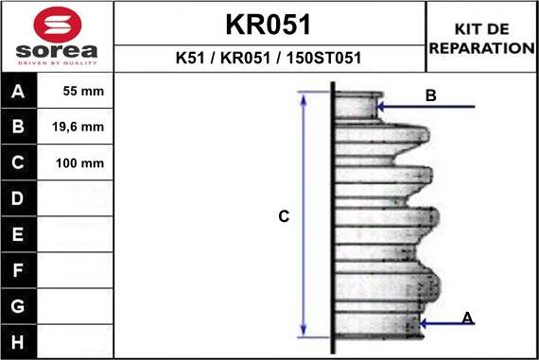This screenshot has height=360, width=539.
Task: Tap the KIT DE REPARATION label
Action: (481, 39)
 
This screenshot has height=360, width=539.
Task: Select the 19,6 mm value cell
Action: (79, 128)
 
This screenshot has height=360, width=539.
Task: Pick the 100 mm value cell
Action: (79, 163)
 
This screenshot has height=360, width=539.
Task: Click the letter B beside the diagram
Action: (430, 95)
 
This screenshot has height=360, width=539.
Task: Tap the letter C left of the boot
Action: (283, 217)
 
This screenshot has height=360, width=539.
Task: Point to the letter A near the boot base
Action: (467, 318)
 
